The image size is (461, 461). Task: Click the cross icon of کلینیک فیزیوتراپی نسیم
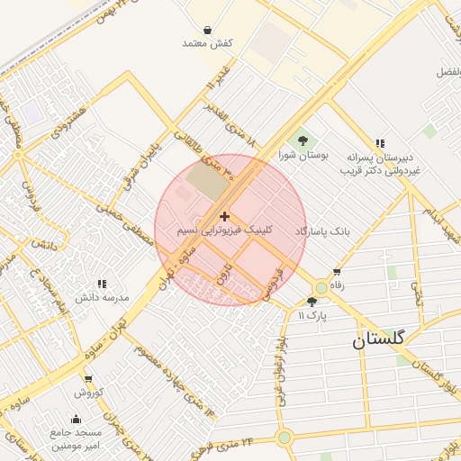click(224, 216)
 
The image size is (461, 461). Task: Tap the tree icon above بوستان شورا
click(303, 140)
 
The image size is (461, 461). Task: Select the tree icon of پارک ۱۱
click(312, 302)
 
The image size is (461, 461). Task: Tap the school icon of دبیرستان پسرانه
click(381, 143)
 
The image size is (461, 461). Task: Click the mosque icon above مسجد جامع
click(75, 419)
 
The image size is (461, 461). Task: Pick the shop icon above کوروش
click(87, 379)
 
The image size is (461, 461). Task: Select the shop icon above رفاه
click(337, 271)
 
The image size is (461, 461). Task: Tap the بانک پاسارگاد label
click(321, 231)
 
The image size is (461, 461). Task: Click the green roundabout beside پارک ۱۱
click(321, 287)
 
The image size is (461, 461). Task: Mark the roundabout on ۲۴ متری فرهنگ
click(285, 438)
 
